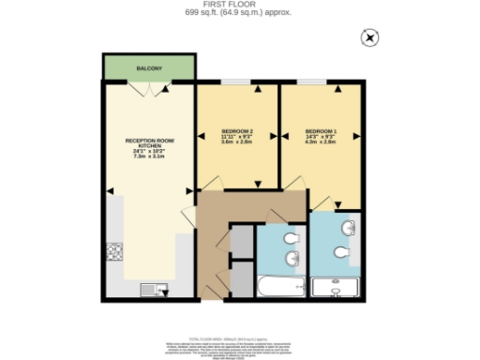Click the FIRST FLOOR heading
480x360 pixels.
pyautogui.click(x=239, y=5)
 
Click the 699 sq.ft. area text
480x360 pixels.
pyautogui.click(x=239, y=13)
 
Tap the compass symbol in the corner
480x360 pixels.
pyautogui.click(x=369, y=37)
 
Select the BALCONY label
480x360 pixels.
pyautogui.click(x=149, y=68)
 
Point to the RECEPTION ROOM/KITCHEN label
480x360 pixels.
pyautogui.click(x=150, y=143)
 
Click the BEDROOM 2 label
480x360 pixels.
pyautogui.click(x=237, y=130)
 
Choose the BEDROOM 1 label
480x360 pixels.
pyautogui.click(x=322, y=130)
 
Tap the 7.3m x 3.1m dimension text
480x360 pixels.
pyautogui.click(x=150, y=157)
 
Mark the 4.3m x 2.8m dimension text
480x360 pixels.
pyautogui.click(x=322, y=142)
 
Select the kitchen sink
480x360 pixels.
pyautogui.click(x=150, y=289)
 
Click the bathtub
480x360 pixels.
pyautogui.click(x=278, y=288)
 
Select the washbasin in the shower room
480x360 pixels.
pyautogui.click(x=350, y=228)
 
